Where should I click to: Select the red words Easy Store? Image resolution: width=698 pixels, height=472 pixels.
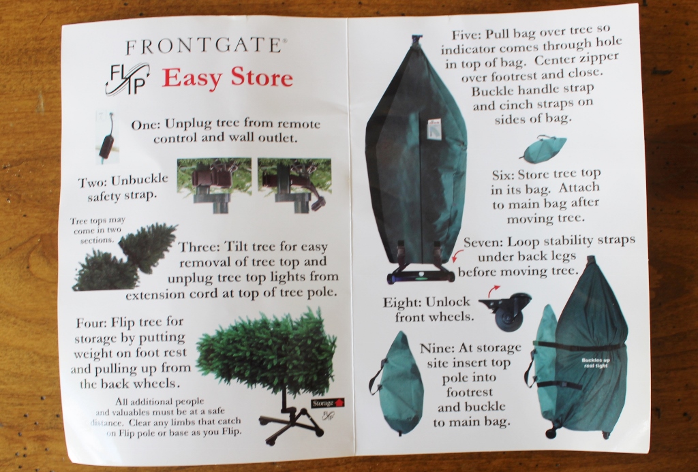pyautogui.click(x=227, y=78)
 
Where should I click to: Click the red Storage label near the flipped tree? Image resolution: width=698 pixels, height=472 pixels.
pyautogui.click(x=323, y=402)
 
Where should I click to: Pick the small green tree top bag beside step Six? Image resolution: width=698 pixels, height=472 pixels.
pyautogui.click(x=543, y=149)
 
